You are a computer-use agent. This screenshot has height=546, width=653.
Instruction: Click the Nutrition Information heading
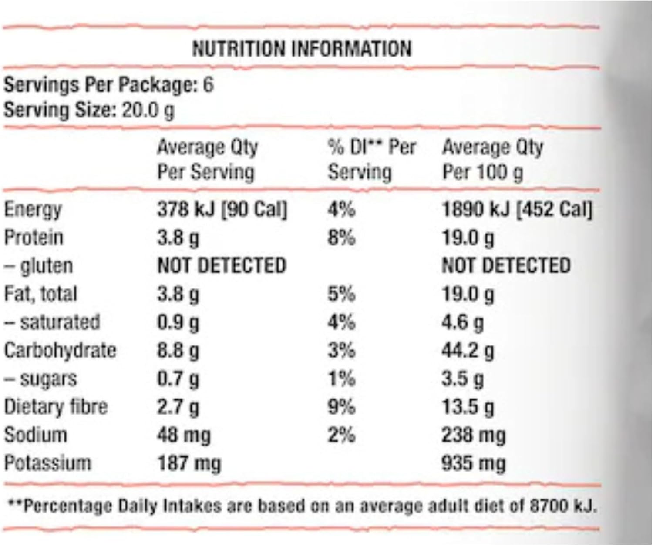[302, 48]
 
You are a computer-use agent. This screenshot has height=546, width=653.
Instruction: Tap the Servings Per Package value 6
[209, 84]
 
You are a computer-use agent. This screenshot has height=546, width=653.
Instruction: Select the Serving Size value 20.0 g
[148, 110]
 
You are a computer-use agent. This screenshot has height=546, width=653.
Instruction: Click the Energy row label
[33, 210]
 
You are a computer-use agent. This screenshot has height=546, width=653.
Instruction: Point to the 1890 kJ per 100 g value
[475, 210]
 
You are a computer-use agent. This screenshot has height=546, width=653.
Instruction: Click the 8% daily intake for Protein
[341, 238]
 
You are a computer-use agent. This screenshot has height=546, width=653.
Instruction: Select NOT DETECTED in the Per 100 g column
[506, 266]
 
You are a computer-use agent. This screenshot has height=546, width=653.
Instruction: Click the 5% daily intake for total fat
[341, 294]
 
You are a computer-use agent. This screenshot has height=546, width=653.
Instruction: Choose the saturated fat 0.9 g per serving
[178, 322]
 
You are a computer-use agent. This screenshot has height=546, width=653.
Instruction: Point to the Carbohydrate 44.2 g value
[468, 351]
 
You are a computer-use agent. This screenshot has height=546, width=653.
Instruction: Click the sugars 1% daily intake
[341, 379]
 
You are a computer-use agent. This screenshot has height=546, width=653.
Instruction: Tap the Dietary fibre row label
[56, 407]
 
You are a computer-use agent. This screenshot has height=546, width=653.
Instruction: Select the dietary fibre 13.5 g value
[468, 407]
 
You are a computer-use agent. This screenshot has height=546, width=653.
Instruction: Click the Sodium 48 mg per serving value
[184, 435]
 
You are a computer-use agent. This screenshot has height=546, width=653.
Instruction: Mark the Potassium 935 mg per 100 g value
[474, 463]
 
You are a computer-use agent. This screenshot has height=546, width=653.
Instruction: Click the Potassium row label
[48, 463]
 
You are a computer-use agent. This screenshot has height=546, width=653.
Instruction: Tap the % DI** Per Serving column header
[371, 160]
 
